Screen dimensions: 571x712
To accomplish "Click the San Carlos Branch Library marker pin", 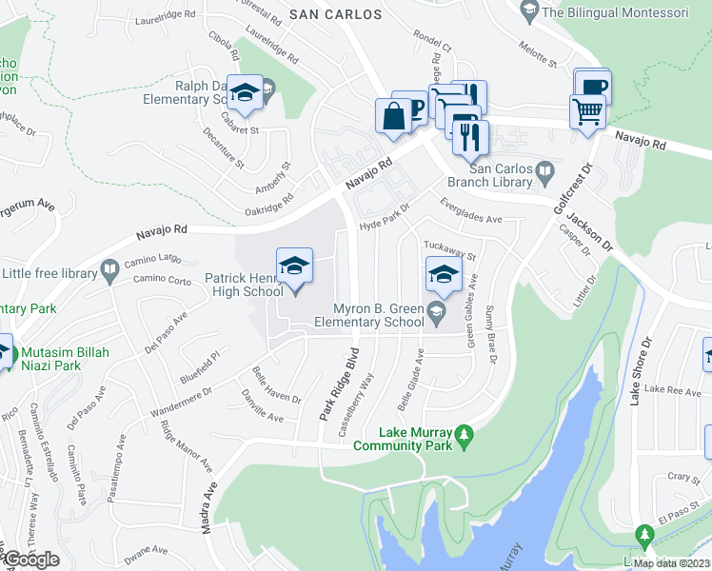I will (x=544, y=172).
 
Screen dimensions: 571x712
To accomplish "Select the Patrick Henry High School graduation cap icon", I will (x=294, y=266).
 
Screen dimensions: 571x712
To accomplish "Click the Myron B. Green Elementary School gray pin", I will (x=436, y=309).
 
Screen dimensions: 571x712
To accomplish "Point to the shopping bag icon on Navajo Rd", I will (x=393, y=117).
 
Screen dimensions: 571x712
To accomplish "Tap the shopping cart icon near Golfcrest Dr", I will (x=587, y=111).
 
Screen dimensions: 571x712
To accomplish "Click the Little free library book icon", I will (x=109, y=270).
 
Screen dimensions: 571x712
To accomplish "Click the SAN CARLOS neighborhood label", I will (x=335, y=14).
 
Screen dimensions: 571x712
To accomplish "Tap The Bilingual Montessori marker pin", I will (x=529, y=12).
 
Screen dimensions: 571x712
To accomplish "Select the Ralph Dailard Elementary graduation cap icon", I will (x=246, y=93).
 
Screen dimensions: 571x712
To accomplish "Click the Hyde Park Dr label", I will (x=383, y=217).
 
